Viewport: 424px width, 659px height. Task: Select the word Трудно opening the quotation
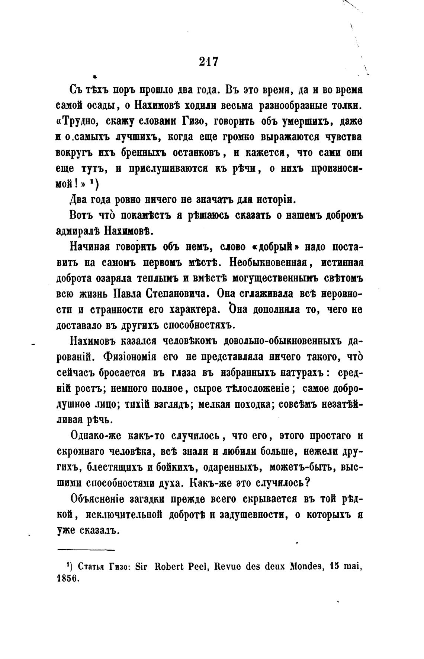[79, 122]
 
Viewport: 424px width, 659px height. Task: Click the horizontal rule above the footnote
[86, 550]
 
